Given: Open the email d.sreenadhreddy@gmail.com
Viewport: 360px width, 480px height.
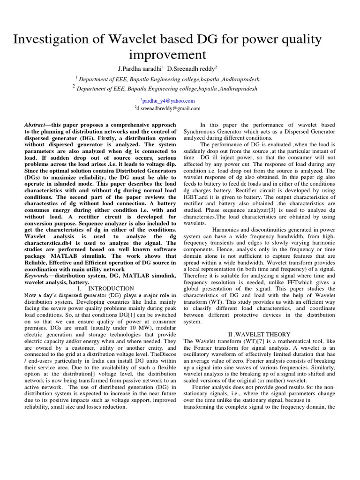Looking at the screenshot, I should pos(168,108).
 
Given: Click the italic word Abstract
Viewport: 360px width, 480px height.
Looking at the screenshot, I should pos(34,125).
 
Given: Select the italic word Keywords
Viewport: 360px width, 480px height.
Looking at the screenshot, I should pos(37,276).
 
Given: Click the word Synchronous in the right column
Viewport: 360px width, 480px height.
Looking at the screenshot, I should pos(201,132).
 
